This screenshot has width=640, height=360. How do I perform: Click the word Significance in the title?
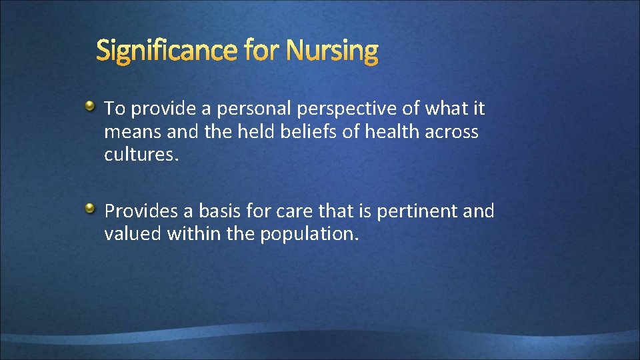click(167, 51)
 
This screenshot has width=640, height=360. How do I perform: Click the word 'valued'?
click(133, 234)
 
